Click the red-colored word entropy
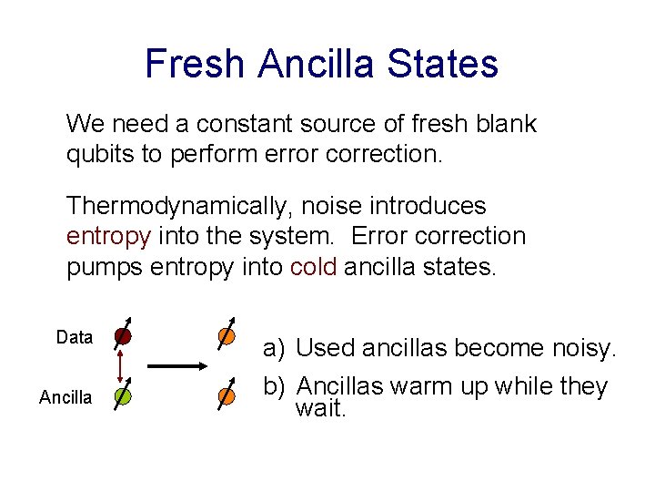tap(108, 236)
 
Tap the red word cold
tap(315, 267)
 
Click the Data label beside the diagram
tap(75, 338)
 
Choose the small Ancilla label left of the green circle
tap(65, 397)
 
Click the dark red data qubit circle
tap(123, 336)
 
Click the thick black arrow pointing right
tap(177, 366)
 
